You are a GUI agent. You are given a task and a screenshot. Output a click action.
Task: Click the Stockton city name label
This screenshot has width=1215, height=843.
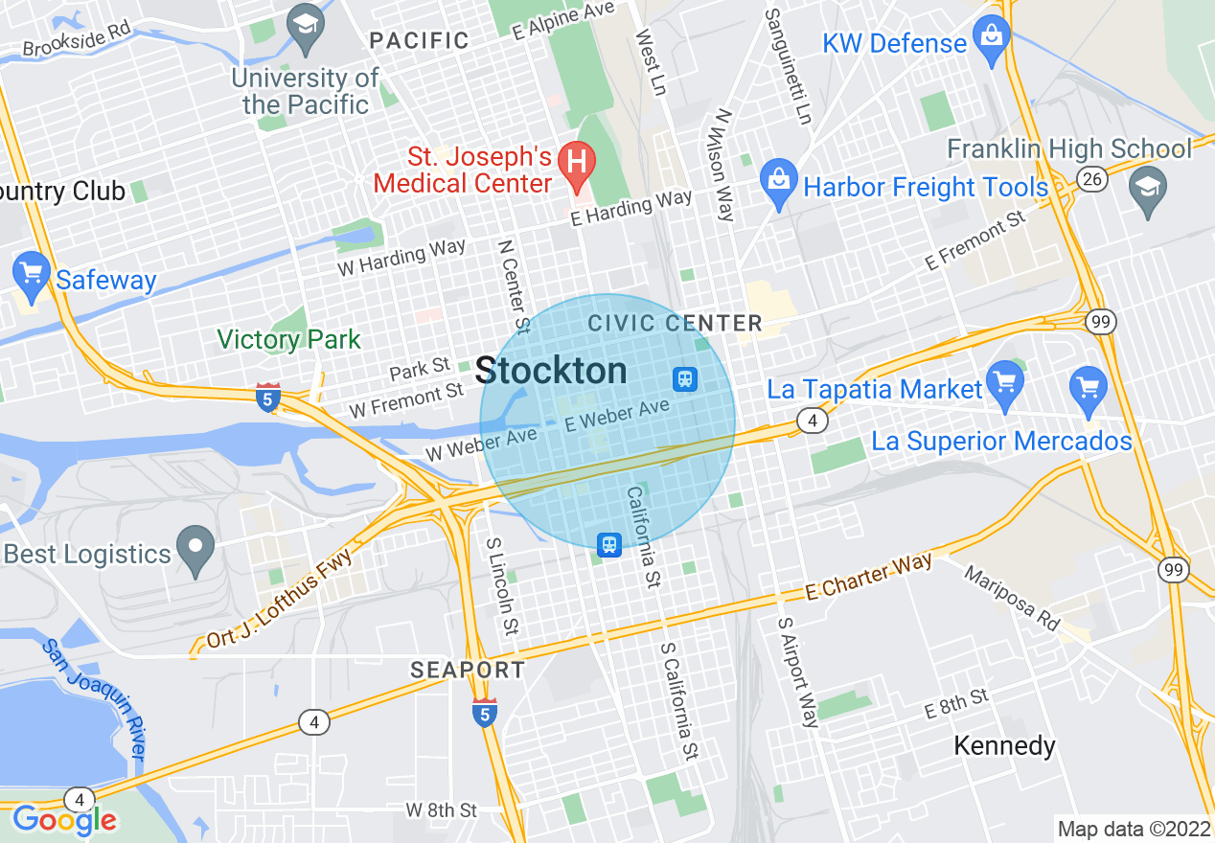click(x=551, y=371)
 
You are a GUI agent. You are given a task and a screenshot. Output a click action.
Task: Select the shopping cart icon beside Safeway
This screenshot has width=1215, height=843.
click(x=32, y=272)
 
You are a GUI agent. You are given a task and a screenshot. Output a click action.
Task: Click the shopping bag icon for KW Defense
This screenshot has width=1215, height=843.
click(x=991, y=37)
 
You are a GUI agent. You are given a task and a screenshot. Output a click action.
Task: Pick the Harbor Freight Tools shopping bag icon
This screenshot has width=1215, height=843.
click(x=779, y=180)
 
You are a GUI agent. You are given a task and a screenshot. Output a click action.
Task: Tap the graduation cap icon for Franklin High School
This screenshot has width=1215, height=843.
click(x=1147, y=188)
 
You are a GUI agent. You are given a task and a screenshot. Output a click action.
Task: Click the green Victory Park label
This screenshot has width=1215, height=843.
click(x=288, y=339)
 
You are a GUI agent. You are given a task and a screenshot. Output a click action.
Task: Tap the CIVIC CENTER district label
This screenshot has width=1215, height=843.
click(x=675, y=323)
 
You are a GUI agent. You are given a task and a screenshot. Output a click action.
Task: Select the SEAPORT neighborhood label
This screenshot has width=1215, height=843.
click(x=468, y=670)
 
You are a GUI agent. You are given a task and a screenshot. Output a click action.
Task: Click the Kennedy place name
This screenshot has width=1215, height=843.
click(x=1004, y=745)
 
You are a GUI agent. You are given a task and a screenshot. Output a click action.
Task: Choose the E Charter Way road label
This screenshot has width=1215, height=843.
click(x=868, y=577)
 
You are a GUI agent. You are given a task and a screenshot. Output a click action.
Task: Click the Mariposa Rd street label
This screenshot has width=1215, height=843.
click(x=1012, y=600)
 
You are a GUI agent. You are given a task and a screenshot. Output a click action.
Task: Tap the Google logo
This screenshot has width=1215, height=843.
click(x=64, y=820)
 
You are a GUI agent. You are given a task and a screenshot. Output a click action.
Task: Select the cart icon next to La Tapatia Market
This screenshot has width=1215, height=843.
click(x=1004, y=382)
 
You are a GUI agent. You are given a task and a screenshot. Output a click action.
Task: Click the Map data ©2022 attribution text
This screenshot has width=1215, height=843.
click(x=1133, y=829)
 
